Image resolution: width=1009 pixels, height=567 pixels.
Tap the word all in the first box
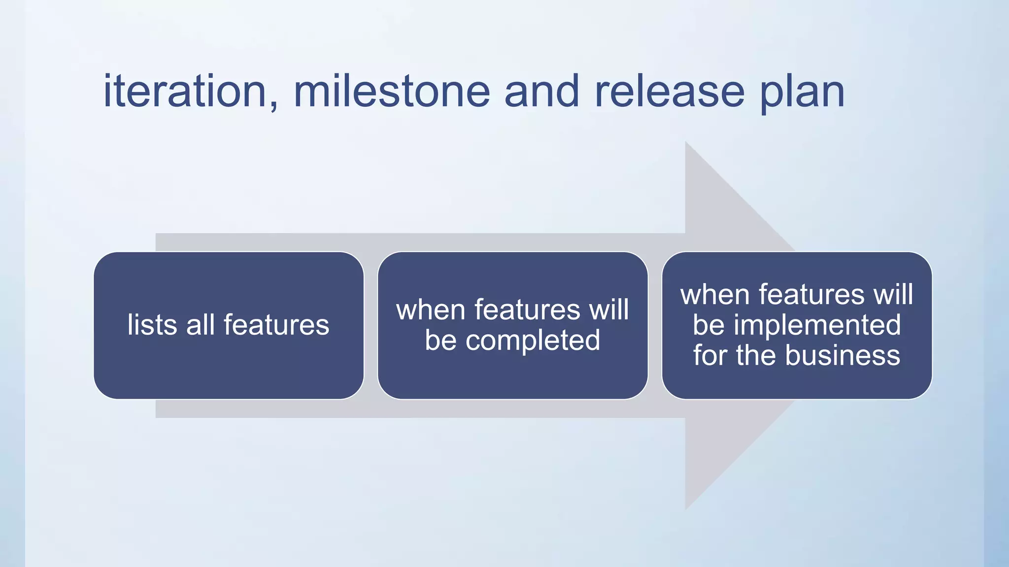click(200, 325)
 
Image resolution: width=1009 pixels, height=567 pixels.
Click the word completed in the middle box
click(533, 341)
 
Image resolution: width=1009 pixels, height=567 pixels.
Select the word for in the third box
click(710, 355)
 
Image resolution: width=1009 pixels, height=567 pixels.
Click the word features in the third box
click(811, 295)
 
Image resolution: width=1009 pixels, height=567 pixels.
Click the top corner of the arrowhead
click(686, 142)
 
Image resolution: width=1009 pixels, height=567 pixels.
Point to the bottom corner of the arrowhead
click(686, 508)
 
